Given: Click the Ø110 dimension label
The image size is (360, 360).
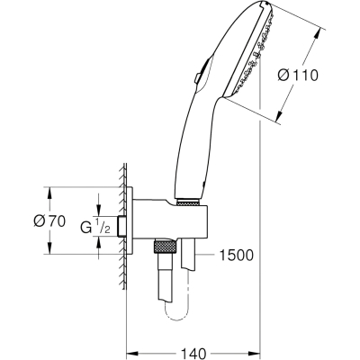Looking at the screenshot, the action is pos(298,75).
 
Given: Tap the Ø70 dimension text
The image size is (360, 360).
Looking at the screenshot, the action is pos(49,221).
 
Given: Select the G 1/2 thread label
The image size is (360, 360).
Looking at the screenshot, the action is pos(95,227).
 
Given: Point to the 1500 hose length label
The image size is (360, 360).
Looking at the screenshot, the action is pos(237,256).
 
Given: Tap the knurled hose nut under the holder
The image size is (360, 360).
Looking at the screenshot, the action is pos(165,247).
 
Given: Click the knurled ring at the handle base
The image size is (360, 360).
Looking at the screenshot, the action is pos(188,202).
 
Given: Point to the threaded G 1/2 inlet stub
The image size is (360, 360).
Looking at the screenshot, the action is pos(122,227).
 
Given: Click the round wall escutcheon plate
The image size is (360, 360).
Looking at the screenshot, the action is pos(130,220).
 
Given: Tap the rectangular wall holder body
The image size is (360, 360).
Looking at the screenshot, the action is pos(170,220).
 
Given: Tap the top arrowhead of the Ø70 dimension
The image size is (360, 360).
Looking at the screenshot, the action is pos(49,193).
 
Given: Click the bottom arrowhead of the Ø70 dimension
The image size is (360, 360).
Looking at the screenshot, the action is pos(49,248).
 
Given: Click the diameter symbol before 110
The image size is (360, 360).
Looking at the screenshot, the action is pos(283,75).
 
